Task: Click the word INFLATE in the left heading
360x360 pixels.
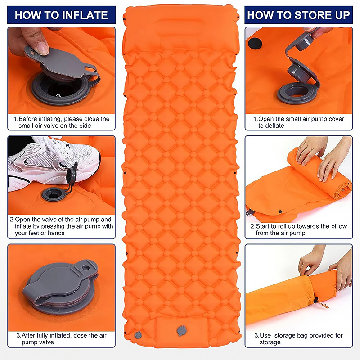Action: [85, 15]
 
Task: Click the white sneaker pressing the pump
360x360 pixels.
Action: [54, 163]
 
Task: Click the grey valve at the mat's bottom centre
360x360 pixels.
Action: [182, 331]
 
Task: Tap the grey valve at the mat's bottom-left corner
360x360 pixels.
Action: [138, 335]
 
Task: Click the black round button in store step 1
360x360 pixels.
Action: [255, 43]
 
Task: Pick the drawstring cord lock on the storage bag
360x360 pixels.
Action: [316, 301]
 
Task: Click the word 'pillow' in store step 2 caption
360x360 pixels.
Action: [339, 226]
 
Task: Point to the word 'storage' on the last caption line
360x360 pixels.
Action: [270, 342]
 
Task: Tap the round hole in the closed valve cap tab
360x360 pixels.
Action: [86, 268]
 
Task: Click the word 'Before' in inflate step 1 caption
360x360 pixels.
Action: [27, 119]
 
